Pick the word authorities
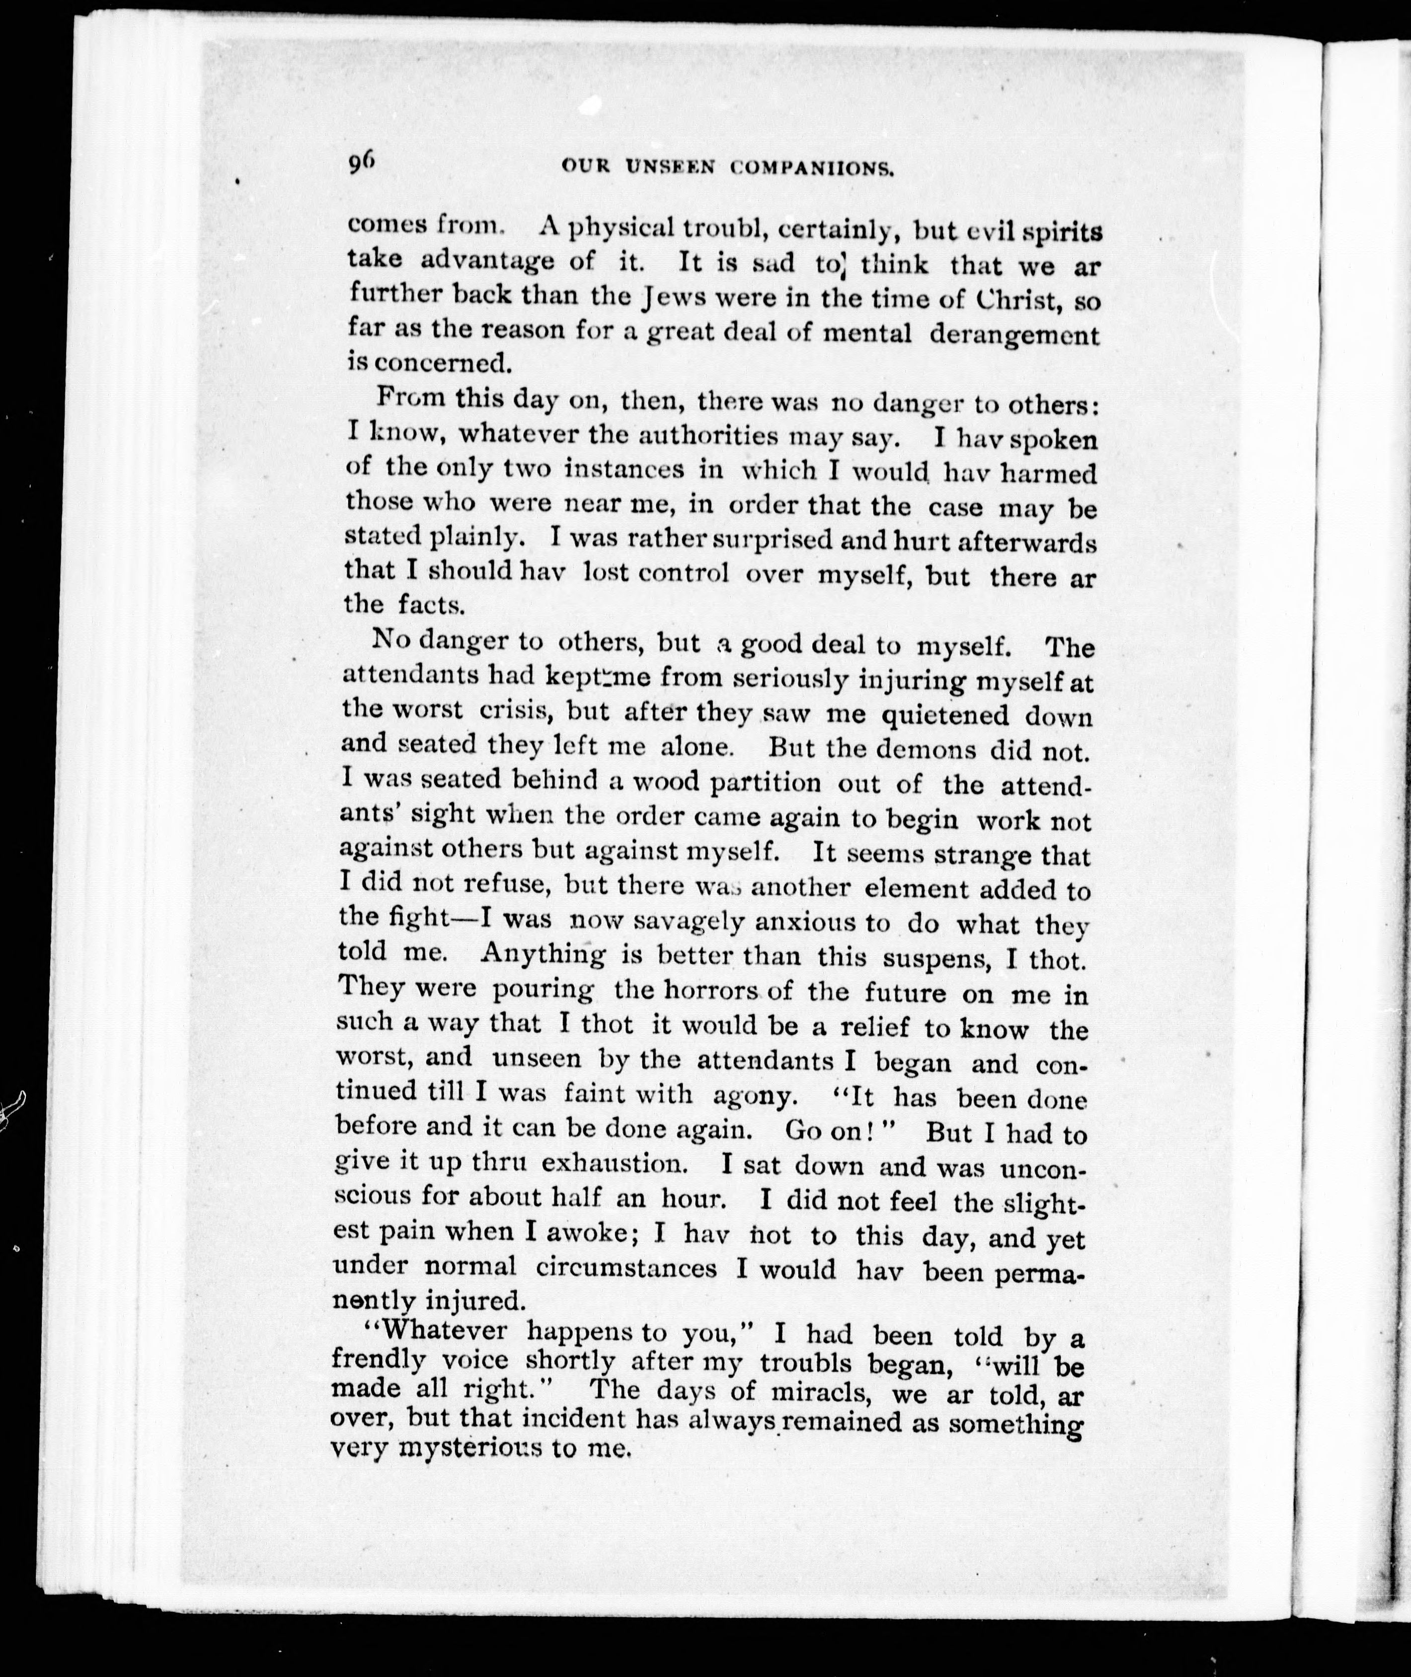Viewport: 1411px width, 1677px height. [x=708, y=437]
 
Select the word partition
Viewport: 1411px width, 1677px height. [x=766, y=783]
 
